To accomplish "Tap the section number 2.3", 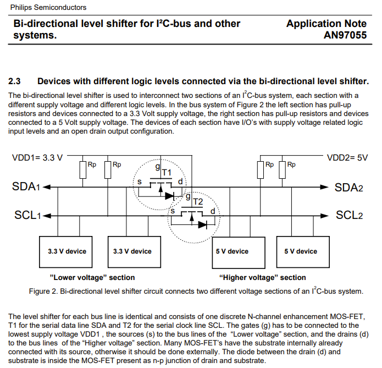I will click(x=14, y=81).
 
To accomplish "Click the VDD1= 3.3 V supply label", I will click(x=37, y=158).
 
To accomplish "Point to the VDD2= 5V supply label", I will click(x=347, y=157).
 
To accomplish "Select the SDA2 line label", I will click(x=349, y=188).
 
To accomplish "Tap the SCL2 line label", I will click(x=350, y=215).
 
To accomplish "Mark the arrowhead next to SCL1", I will click(x=46, y=215).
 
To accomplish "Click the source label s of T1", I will click(x=140, y=182).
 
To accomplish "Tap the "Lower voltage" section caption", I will click(x=92, y=277).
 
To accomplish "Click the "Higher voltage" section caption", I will click(x=263, y=277).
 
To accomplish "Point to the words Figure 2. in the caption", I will click(x=43, y=291).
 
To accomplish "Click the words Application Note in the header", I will click(x=326, y=24).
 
